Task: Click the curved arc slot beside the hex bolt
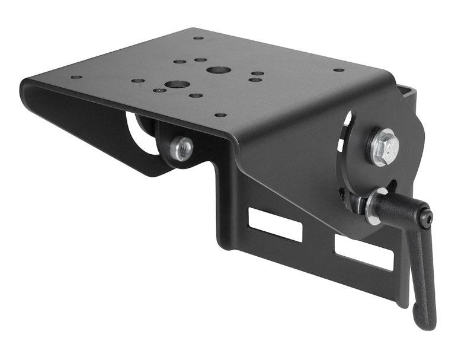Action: [345, 133]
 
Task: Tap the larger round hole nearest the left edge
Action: [176, 84]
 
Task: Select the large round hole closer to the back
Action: [219, 69]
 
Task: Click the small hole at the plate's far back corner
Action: [198, 38]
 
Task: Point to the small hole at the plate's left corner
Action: [76, 77]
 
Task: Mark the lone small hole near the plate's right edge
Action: [338, 69]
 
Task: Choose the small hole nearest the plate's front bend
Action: [220, 115]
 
